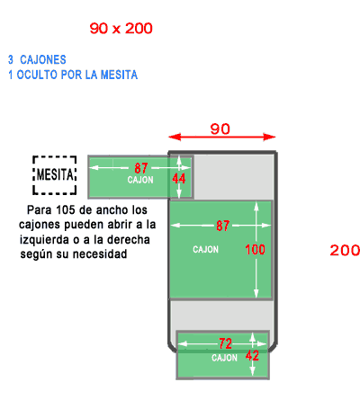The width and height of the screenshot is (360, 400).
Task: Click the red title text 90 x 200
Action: click(x=121, y=28)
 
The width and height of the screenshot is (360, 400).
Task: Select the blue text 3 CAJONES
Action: click(x=37, y=59)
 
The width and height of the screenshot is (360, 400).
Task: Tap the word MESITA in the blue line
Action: click(x=119, y=75)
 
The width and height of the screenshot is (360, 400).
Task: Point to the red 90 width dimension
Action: click(x=220, y=129)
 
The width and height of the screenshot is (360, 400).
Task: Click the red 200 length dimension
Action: click(x=345, y=250)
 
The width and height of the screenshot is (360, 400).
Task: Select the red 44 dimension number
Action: click(x=179, y=179)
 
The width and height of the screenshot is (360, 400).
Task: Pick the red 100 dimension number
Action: click(x=255, y=250)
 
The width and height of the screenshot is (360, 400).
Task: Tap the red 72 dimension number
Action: click(x=225, y=343)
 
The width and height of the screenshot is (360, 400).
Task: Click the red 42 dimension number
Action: click(x=252, y=356)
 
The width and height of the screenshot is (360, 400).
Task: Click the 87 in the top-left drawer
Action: click(x=141, y=168)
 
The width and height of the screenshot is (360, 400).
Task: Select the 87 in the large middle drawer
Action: click(x=223, y=226)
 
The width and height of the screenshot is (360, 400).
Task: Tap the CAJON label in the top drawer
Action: click(x=140, y=180)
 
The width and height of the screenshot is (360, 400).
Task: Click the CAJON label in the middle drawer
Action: click(x=205, y=249)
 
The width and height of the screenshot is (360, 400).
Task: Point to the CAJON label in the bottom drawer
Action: click(x=224, y=358)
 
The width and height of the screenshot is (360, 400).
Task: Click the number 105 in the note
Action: click(x=66, y=209)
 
